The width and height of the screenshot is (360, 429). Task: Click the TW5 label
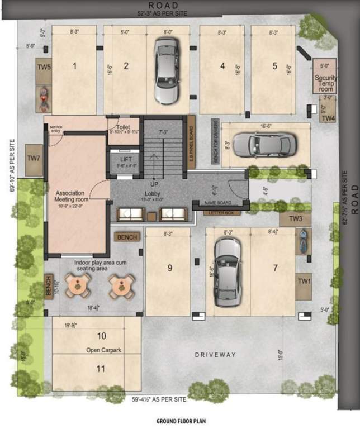pos(44,67)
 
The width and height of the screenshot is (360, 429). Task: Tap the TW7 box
pos(34,159)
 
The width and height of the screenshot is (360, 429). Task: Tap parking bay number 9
pos(170,268)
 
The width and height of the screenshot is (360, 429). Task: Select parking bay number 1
pos(74,66)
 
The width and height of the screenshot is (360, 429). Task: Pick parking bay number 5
pos(274,66)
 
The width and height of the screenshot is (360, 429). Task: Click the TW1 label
pos(304,280)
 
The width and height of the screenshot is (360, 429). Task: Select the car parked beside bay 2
pos(165,71)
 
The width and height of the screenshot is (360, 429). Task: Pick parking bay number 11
pos(101,369)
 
